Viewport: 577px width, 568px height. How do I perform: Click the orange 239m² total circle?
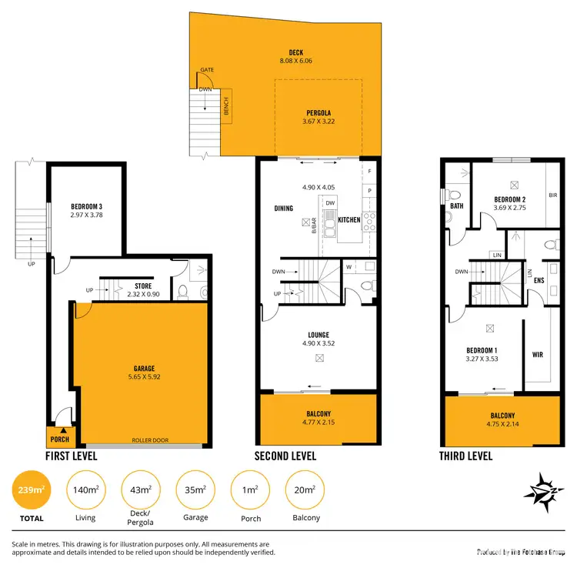point(32,490)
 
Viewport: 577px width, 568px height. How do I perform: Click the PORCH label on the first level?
point(59,439)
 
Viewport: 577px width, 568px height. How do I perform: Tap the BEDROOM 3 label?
point(86,206)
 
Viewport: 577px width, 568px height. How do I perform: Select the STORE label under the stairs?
point(143,286)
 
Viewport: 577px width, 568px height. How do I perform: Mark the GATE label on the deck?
point(206,70)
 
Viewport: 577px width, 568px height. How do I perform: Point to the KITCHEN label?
point(349,220)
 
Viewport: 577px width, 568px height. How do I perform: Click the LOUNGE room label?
point(319,335)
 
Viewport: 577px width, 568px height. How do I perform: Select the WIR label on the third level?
point(538,356)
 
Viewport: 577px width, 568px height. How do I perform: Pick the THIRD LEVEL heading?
point(465,456)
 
